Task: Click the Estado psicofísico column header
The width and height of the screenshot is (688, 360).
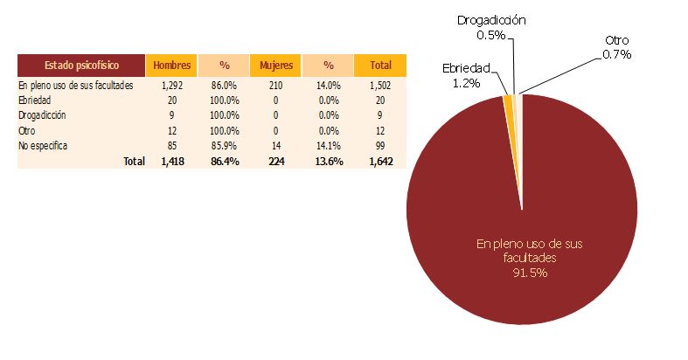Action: [80, 65]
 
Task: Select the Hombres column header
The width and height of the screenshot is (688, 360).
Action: [170, 65]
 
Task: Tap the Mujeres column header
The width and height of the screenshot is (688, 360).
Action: [275, 65]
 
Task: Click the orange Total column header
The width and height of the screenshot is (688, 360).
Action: [380, 65]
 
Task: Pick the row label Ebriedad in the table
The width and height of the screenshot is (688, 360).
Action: [34, 100]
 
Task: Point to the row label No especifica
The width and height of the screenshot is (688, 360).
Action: [43, 145]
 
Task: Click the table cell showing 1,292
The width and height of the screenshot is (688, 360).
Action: [170, 86]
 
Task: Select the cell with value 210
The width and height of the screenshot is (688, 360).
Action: [275, 86]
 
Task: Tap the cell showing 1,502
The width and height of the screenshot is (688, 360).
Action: [380, 86]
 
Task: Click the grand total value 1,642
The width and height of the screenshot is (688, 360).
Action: [380, 161]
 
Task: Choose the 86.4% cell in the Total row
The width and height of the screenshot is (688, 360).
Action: [223, 161]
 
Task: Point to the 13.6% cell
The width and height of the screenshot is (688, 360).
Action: [328, 161]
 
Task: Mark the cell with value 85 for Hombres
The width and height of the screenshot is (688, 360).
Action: [170, 145]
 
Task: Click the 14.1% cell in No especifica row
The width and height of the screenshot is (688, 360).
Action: [328, 145]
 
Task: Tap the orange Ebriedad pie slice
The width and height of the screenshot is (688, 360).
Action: [508, 100]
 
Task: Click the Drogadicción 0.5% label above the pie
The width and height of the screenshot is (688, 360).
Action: [491, 27]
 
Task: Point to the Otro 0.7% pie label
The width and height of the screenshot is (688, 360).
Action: [617, 47]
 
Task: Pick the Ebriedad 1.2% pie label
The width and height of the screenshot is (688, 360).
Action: [466, 75]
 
